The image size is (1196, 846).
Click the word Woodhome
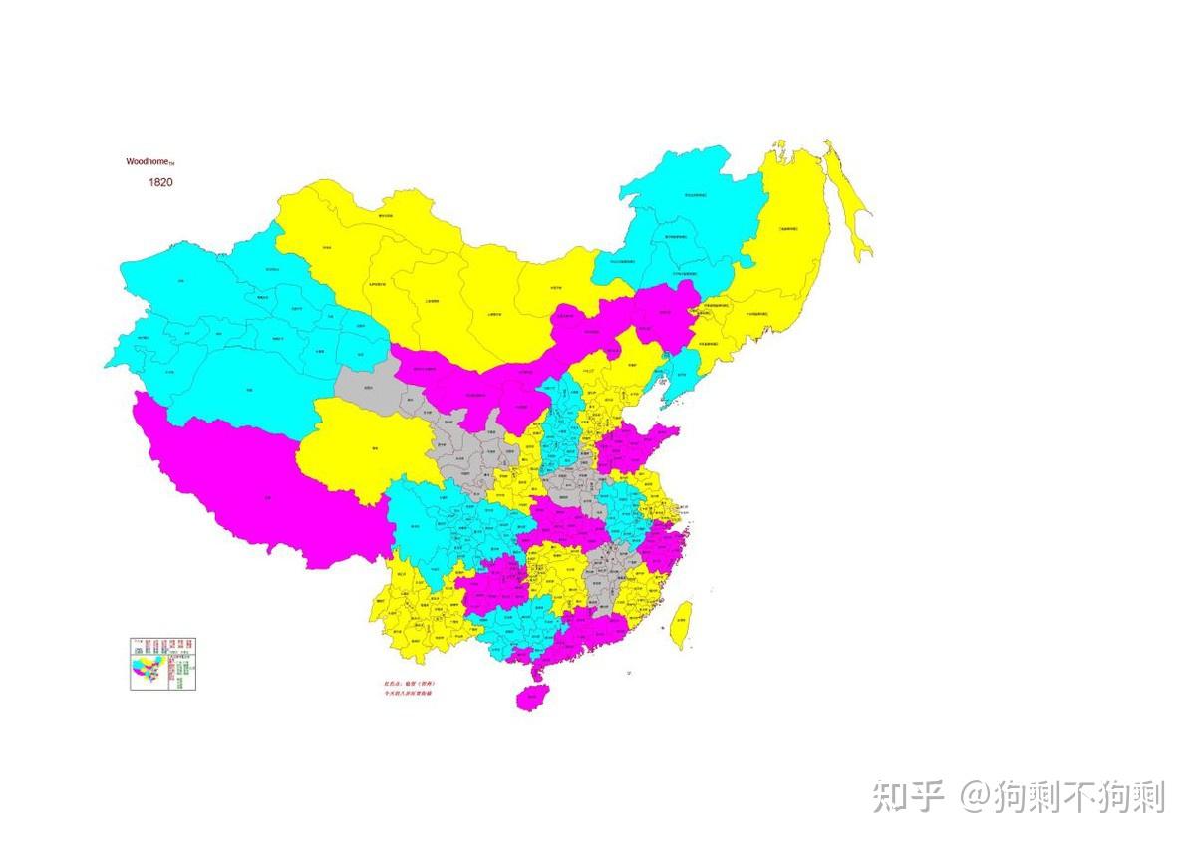[149, 161]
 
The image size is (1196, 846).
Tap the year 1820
[160, 182]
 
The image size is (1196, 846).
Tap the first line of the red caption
[403, 683]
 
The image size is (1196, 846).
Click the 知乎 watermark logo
[908, 796]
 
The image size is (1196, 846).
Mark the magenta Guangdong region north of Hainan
[588, 633]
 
